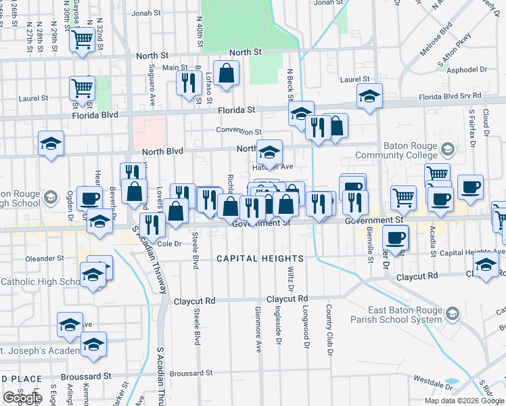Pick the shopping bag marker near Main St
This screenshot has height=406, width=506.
[x=228, y=74]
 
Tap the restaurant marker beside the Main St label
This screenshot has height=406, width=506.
[x=187, y=82]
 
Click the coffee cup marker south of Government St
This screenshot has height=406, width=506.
[x=396, y=238]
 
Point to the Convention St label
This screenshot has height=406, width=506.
[x=239, y=131]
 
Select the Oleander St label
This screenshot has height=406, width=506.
[x=45, y=258]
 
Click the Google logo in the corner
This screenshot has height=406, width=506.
[x=22, y=399]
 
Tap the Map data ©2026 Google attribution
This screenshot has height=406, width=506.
[x=463, y=401]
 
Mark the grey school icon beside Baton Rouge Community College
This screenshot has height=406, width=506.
[x=447, y=149]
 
